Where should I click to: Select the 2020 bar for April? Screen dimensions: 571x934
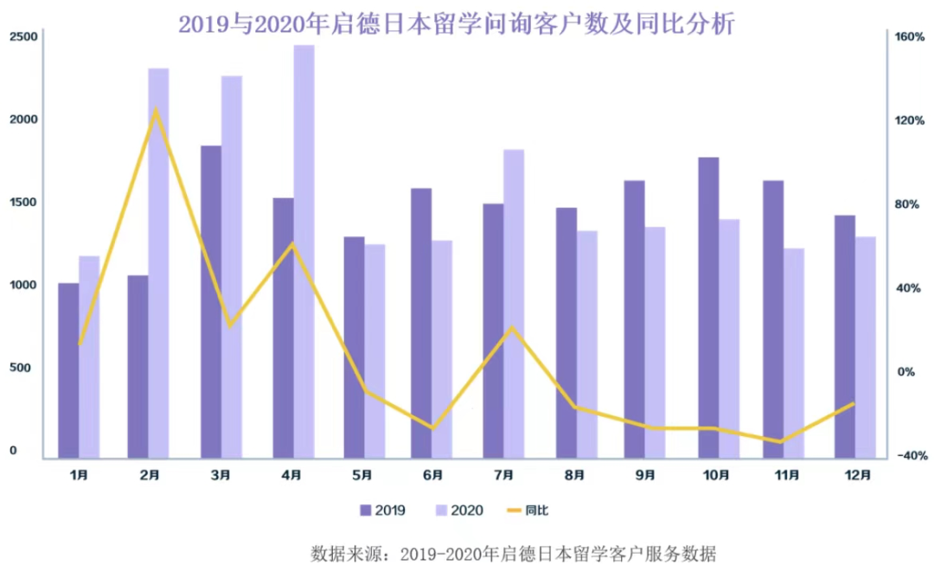coord(304,251)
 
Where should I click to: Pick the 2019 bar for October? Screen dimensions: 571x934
coord(709,307)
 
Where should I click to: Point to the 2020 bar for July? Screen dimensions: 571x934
coord(514,303)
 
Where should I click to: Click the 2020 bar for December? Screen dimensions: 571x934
coord(866,346)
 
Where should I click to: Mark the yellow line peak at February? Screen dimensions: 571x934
coord(157,109)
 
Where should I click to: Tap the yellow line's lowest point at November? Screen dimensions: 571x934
coord(781,441)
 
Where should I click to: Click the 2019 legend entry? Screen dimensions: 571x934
coord(381,510)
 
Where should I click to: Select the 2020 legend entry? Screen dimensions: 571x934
coord(456,510)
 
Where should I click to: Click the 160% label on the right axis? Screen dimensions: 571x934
coord(911,37)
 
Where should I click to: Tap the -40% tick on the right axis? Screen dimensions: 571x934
coord(911,455)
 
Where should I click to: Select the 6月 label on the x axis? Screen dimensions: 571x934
coord(433,474)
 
